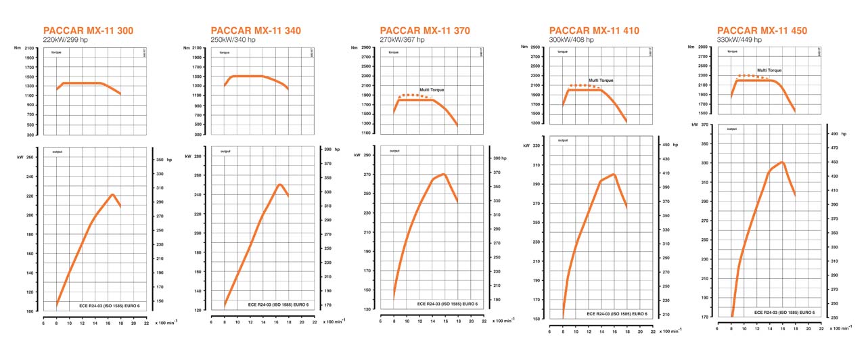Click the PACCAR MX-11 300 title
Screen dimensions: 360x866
point(88,30)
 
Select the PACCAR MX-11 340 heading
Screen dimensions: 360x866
point(256,30)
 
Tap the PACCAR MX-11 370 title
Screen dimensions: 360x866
point(425,30)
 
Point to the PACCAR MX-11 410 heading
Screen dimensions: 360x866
point(594,30)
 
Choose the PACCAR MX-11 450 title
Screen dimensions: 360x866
point(762,30)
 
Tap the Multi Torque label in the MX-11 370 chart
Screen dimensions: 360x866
point(432,90)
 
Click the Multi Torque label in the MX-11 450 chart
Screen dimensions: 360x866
point(770,70)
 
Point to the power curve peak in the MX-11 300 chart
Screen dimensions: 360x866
point(113,195)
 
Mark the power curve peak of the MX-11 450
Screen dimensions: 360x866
point(782,162)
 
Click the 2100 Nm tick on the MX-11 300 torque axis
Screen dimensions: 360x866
point(28,48)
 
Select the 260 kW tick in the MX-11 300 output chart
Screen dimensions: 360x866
point(30,157)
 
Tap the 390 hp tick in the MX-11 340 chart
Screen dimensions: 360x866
point(327,150)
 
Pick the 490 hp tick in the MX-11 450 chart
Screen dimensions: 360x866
point(833,134)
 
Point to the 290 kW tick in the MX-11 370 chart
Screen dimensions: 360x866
point(367,155)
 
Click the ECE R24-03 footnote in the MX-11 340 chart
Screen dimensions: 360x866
point(277,305)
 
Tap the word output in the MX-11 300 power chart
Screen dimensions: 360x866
point(57,152)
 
